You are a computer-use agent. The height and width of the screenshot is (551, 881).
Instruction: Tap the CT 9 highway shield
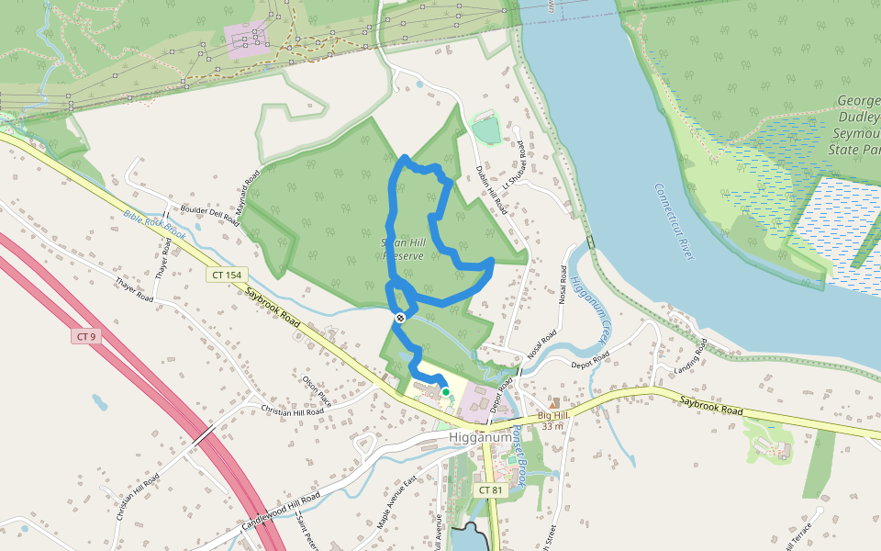[x=85, y=336]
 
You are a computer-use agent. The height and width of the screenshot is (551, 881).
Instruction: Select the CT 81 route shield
[x=491, y=490]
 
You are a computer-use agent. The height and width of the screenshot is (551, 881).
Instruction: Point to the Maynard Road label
[x=248, y=191]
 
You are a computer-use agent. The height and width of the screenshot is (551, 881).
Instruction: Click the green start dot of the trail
[x=446, y=392]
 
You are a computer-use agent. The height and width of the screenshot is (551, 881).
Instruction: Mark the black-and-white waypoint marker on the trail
[x=400, y=318]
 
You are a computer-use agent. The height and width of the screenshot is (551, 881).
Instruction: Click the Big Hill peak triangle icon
[x=552, y=403]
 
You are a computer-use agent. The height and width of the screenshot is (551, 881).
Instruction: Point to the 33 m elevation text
[x=552, y=426]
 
